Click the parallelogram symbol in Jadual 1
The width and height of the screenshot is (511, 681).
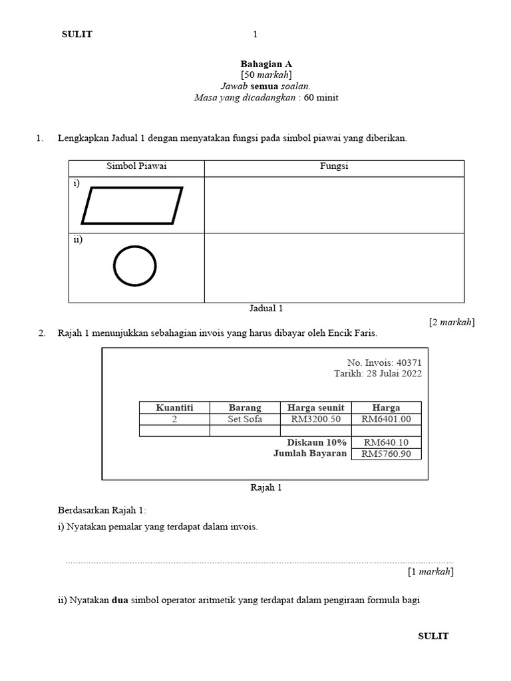tap(132, 205)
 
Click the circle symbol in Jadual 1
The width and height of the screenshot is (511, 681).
tap(135, 267)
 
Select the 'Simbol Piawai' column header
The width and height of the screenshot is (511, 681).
tap(136, 167)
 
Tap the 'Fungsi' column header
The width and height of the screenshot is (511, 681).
tap(334, 167)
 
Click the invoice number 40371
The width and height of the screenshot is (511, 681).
tap(409, 362)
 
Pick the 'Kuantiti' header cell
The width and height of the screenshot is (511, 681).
tap(174, 408)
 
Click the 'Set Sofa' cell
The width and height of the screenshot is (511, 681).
tap(245, 419)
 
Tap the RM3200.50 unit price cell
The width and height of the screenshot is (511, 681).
tap(315, 419)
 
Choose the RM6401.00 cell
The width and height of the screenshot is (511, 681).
tap(386, 419)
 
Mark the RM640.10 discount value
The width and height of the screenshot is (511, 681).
tap(386, 442)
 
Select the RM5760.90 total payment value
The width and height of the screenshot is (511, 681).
tap(386, 454)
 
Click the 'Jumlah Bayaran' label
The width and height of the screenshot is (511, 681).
tap(310, 454)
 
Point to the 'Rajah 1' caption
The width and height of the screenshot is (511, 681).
tap(266, 487)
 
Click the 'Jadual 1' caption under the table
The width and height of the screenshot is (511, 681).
tap(266, 309)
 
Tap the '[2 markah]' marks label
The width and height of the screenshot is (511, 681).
tap(451, 322)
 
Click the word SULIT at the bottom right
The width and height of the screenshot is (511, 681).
tap(433, 636)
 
